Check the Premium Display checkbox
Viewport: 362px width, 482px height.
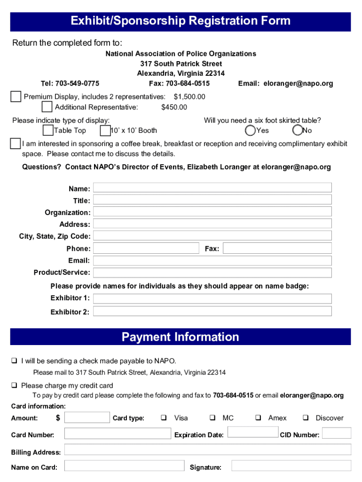click(16, 96)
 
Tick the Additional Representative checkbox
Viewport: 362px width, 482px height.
click(47, 107)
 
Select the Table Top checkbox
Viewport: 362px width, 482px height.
click(47, 130)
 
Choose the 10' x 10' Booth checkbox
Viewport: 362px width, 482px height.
click(105, 130)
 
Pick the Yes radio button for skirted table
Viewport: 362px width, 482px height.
click(251, 130)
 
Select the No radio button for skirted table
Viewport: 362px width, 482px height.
click(297, 130)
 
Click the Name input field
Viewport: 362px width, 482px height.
click(212, 188)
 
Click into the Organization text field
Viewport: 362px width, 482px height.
click(212, 211)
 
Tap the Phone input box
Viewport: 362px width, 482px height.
click(146, 248)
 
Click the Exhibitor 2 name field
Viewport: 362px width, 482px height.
click(212, 311)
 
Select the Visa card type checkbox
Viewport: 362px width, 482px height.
click(164, 418)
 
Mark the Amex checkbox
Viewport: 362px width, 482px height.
click(258, 418)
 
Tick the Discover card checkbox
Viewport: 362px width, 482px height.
click(306, 418)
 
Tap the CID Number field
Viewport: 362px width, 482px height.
click(337, 433)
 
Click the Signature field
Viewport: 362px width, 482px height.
click(291, 466)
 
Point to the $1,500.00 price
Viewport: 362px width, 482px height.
click(189, 96)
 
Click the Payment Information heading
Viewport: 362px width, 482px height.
click(181, 337)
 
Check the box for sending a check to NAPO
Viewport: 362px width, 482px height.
click(15, 361)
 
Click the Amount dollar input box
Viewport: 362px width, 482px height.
click(87, 418)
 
